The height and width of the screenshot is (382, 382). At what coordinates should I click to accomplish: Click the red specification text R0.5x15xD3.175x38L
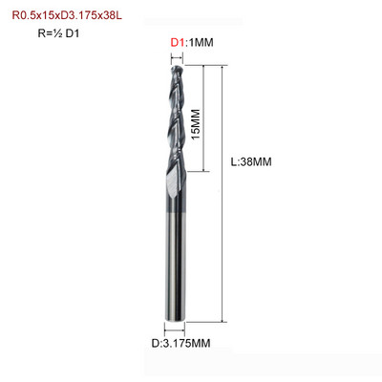point(67,15)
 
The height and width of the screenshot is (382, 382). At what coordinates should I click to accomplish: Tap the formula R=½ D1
point(58,33)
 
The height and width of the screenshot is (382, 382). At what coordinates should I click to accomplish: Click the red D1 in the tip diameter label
point(178,42)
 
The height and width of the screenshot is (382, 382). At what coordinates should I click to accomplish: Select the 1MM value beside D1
point(201,42)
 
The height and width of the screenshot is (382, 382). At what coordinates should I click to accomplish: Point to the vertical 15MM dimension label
point(196,124)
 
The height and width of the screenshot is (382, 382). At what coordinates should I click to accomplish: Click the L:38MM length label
point(251,162)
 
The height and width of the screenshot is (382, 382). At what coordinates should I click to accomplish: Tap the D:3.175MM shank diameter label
point(180,344)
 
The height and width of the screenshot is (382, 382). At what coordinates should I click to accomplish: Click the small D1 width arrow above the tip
point(178,58)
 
